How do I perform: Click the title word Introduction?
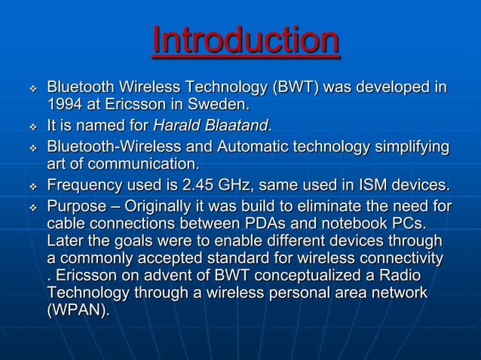coord(246,41)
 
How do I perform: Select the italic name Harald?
coord(179,124)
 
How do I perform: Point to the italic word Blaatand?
coord(237,124)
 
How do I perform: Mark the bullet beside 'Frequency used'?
coord(32,186)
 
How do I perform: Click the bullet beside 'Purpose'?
coord(32,206)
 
